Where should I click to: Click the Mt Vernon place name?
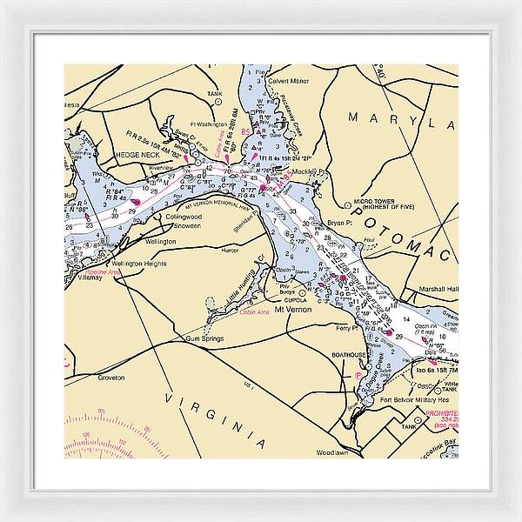(x=292, y=309)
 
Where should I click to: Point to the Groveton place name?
(x=110, y=378)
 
